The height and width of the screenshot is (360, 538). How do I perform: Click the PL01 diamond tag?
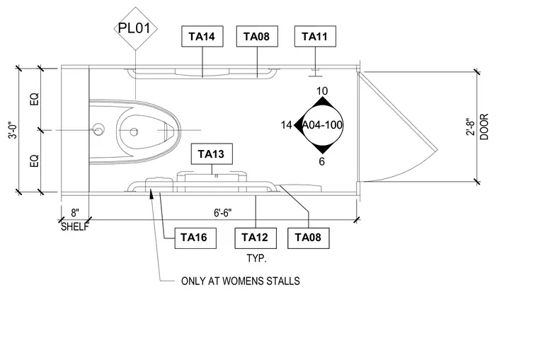(135, 28)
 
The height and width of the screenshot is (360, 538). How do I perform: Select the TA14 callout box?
(202, 36)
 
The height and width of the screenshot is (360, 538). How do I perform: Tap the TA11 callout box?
(315, 36)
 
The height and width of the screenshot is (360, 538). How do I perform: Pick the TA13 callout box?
(212, 154)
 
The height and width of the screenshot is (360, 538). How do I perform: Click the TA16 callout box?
(195, 238)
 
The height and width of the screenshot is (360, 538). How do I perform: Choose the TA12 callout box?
(256, 238)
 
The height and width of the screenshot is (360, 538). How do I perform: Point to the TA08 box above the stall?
(257, 36)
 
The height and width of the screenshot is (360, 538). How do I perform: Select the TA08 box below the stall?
(309, 238)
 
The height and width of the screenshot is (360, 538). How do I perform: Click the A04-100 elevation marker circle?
(322, 125)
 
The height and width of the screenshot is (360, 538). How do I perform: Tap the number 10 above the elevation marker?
(322, 91)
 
